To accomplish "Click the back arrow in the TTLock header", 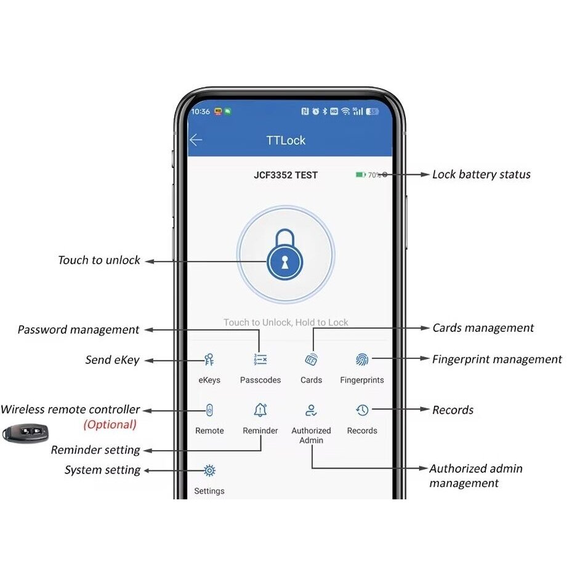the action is [196, 140].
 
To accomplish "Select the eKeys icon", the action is [209, 359].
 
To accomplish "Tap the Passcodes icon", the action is [260, 359].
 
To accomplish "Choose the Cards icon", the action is [311, 359].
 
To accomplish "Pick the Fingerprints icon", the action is [362, 359].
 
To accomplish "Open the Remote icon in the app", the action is [209, 410].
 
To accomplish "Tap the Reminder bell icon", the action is [260, 410].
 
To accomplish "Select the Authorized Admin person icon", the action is [311, 410].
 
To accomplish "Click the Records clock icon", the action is [362, 410].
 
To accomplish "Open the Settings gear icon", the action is [209, 470].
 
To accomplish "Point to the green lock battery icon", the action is [360, 175].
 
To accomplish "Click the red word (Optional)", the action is [110, 424].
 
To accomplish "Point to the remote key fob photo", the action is [25, 433].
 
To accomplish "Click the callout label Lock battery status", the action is [481, 174].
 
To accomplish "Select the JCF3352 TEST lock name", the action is [286, 175].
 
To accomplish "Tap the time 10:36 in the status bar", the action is [201, 111].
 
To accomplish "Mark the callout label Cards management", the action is [483, 328].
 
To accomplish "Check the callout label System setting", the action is [102, 470].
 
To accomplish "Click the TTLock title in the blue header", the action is [286, 140].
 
